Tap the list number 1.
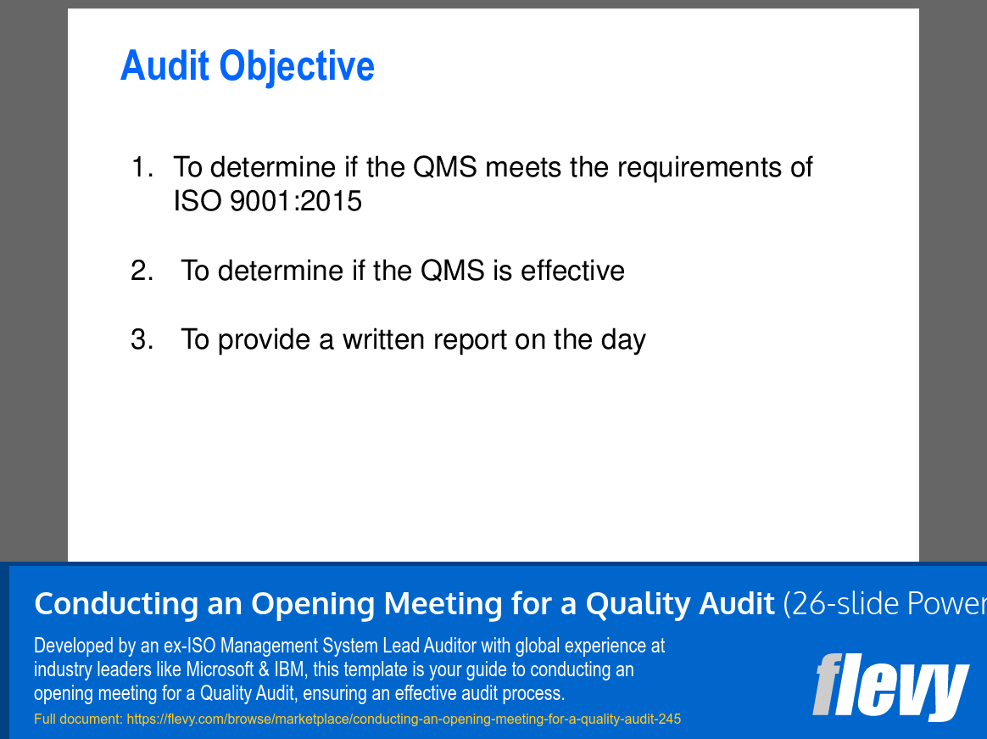(x=141, y=167)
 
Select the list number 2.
(x=142, y=271)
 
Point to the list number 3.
(x=142, y=339)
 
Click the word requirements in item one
(x=698, y=168)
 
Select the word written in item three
(x=384, y=339)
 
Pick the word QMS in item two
(x=452, y=271)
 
